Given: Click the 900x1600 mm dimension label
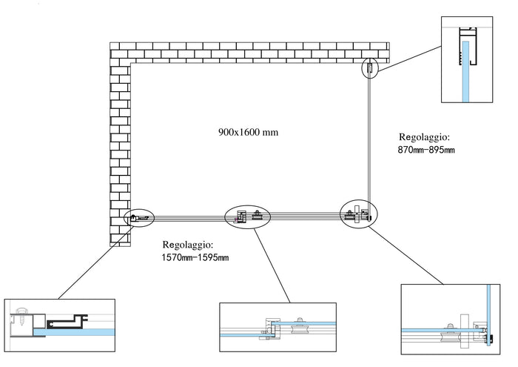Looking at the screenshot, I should (x=248, y=132).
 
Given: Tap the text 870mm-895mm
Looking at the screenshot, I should (x=426, y=151).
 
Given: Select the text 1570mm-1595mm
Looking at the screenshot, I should (x=195, y=257).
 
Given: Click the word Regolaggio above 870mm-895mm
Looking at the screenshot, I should (x=424, y=137).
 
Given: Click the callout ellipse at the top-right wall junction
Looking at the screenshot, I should (x=369, y=68).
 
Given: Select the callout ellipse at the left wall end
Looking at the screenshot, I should (x=139, y=218).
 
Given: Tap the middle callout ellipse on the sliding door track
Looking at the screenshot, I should (x=248, y=216).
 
